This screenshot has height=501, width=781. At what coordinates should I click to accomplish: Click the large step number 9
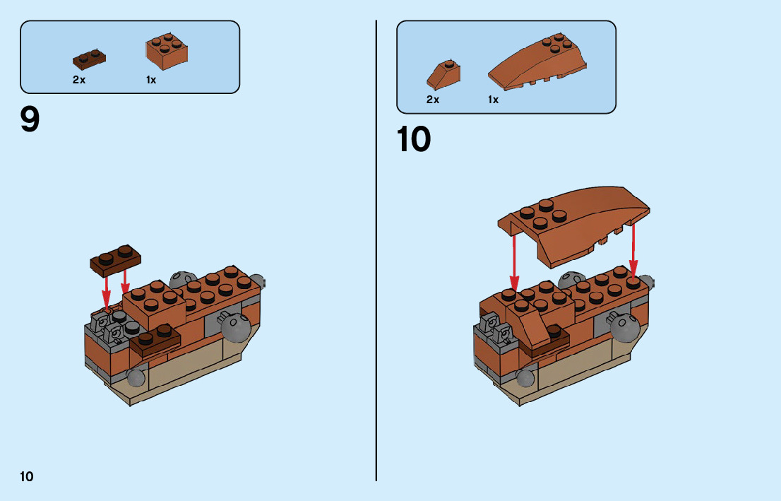(30, 119)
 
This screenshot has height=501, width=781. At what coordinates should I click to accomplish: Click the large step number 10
(414, 139)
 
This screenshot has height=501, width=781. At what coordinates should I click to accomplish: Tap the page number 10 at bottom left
(27, 476)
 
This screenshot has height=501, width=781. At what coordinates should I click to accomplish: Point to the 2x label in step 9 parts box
(79, 80)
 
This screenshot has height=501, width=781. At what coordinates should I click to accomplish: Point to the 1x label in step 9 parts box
(151, 80)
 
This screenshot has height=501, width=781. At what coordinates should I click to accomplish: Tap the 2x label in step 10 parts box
(433, 100)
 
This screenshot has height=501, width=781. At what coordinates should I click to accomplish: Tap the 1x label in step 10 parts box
(493, 100)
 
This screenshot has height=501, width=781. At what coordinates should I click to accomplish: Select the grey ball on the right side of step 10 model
(624, 326)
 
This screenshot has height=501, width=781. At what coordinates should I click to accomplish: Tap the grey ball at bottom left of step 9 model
(136, 378)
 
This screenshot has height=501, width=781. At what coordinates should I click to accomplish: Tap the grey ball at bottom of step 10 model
(525, 379)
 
